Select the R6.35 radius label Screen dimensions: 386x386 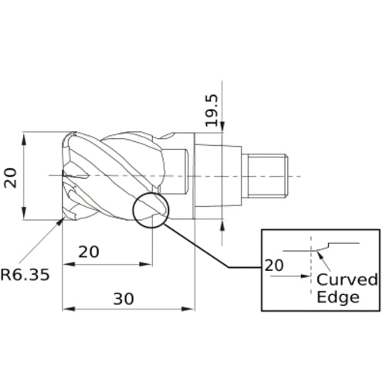[29, 274]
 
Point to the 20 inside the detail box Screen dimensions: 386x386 [274, 265]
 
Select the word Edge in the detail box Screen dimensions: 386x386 [338, 298]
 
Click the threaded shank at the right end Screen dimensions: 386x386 [265, 174]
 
